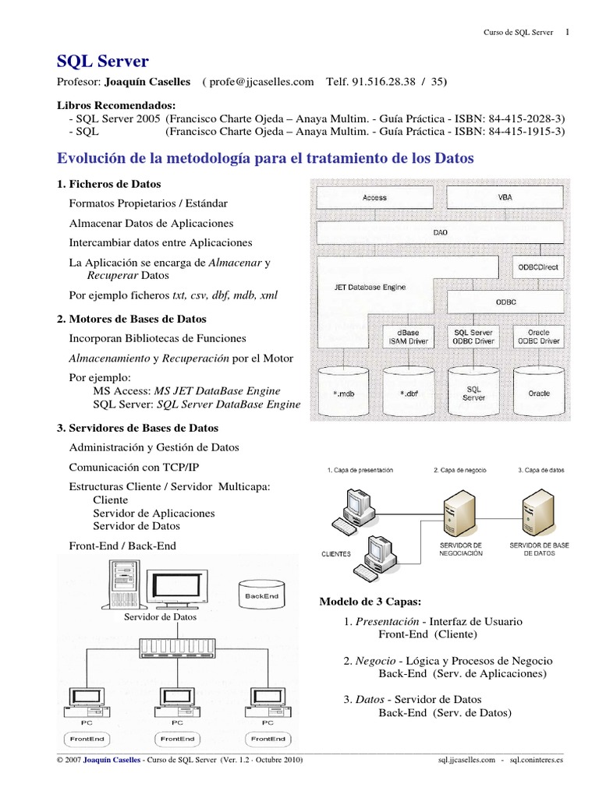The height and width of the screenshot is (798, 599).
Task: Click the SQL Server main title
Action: [103, 62]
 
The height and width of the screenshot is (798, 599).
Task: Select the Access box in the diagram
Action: [374, 198]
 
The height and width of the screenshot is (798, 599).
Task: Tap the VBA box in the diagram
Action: [505, 198]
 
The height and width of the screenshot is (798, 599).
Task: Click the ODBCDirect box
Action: [538, 267]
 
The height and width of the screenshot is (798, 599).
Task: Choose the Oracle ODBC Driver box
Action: [538, 337]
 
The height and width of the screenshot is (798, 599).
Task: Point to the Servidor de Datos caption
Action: [161, 616]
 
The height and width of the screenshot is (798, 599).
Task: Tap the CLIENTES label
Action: [336, 554]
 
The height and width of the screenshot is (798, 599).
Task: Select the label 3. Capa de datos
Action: [542, 471]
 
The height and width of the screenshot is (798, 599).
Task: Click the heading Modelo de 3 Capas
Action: [370, 602]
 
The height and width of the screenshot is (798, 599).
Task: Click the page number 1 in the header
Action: [567, 32]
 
